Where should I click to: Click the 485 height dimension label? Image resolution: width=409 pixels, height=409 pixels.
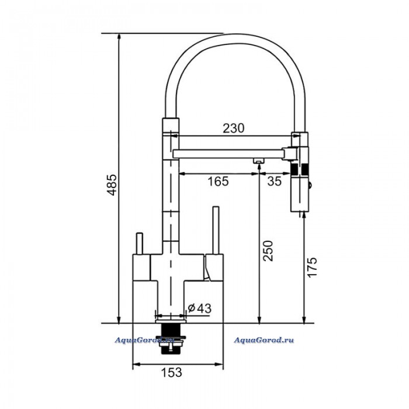112,185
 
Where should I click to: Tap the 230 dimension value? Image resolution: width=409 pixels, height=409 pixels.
234,128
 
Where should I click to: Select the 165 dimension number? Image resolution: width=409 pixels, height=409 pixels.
218,181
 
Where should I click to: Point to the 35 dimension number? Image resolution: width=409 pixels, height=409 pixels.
275,181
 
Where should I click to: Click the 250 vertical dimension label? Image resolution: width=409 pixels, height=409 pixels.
268,251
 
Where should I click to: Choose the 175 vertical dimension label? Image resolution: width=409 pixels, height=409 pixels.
312,268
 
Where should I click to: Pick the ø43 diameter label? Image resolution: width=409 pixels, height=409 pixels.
200,309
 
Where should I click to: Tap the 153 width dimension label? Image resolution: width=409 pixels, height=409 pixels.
171,372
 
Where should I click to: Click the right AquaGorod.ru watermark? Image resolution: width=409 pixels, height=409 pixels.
264,340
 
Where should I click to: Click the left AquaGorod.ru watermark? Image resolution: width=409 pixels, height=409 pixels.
144,340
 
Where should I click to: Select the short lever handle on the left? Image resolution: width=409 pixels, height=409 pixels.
140,244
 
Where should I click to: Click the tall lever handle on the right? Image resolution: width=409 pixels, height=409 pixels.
216,230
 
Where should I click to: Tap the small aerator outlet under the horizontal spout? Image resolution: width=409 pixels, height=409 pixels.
258,161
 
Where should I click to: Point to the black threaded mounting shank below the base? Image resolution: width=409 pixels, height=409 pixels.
170,338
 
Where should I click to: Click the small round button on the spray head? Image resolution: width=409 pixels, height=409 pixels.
310,185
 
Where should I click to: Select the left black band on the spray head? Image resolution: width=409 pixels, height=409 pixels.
294,169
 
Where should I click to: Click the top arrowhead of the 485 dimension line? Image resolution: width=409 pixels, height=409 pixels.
119,37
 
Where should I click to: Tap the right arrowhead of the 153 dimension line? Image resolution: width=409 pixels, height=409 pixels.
219,364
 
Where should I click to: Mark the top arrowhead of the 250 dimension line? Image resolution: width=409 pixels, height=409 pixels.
259,168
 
